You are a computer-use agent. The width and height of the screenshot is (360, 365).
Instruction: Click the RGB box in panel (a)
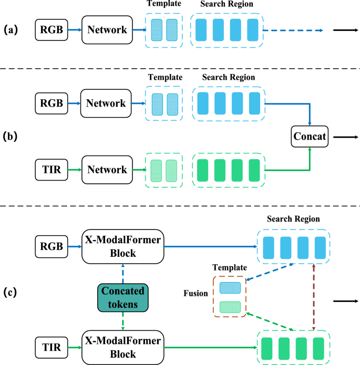pos(51,30)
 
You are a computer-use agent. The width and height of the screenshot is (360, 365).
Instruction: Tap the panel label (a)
pos(11,30)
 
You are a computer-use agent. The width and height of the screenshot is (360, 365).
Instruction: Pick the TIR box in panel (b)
pos(51,170)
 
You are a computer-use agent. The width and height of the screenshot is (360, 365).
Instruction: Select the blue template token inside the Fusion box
pos(230,287)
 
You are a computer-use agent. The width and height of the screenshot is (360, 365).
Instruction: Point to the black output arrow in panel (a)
pos(345,30)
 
